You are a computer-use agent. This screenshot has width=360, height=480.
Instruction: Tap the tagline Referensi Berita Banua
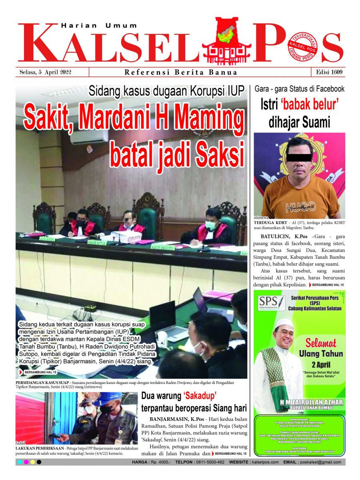coord(181,72)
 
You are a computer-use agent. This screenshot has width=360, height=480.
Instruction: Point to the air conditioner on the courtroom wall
coord(89,137)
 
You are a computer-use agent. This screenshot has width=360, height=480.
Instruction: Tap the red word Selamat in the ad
coord(321,342)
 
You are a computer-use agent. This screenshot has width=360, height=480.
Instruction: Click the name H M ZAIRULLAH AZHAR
coord(299,402)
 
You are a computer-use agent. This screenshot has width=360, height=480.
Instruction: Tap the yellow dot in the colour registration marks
coord(32,462)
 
